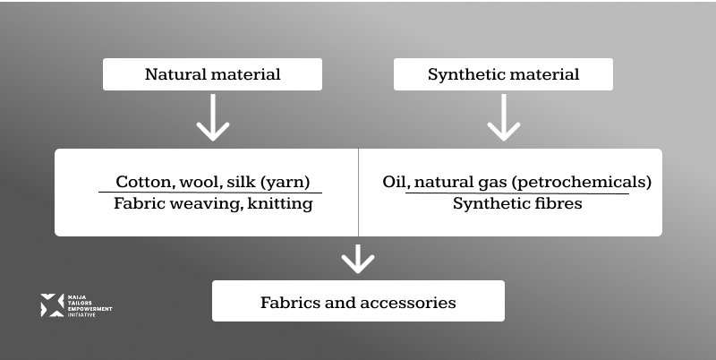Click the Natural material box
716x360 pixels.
(x=212, y=74)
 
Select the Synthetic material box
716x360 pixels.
(x=503, y=74)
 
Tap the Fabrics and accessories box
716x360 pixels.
(x=358, y=302)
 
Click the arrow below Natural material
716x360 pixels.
(x=212, y=118)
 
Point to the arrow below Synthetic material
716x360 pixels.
(x=503, y=118)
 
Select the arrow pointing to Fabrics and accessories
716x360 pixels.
(x=358, y=259)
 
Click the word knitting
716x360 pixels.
(x=279, y=204)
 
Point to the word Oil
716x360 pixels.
(x=395, y=182)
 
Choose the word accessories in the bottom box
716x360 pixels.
(x=407, y=303)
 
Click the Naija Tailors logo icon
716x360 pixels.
(x=51, y=305)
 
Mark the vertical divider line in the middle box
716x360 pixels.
(x=358, y=192)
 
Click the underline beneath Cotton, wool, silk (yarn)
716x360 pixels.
(x=210, y=193)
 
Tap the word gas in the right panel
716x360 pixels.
(x=489, y=182)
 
